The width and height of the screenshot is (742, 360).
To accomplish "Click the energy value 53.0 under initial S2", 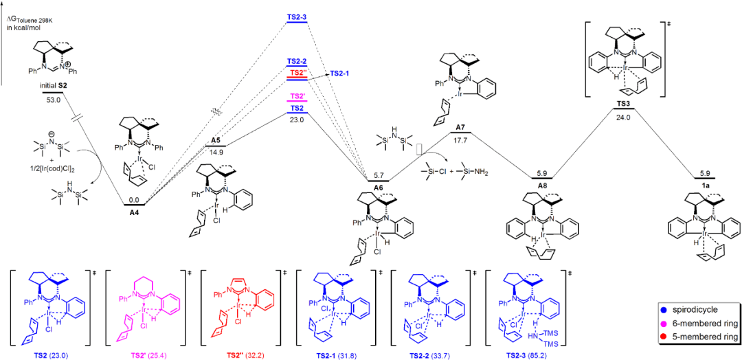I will (54, 99).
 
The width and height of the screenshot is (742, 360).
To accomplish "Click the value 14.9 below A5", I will (216, 153).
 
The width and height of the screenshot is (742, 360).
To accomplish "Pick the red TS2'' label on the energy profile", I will (297, 72).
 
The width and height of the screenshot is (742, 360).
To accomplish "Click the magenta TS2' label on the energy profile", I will (297, 96).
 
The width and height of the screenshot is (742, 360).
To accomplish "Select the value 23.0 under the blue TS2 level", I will (297, 119).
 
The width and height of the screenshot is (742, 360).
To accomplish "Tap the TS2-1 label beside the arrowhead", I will (340, 74).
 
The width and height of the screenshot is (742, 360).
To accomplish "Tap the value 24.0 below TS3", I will (624, 117).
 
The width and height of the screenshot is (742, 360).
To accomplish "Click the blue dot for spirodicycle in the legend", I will (657, 309).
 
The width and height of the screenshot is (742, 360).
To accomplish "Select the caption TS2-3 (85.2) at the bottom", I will (528, 355).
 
